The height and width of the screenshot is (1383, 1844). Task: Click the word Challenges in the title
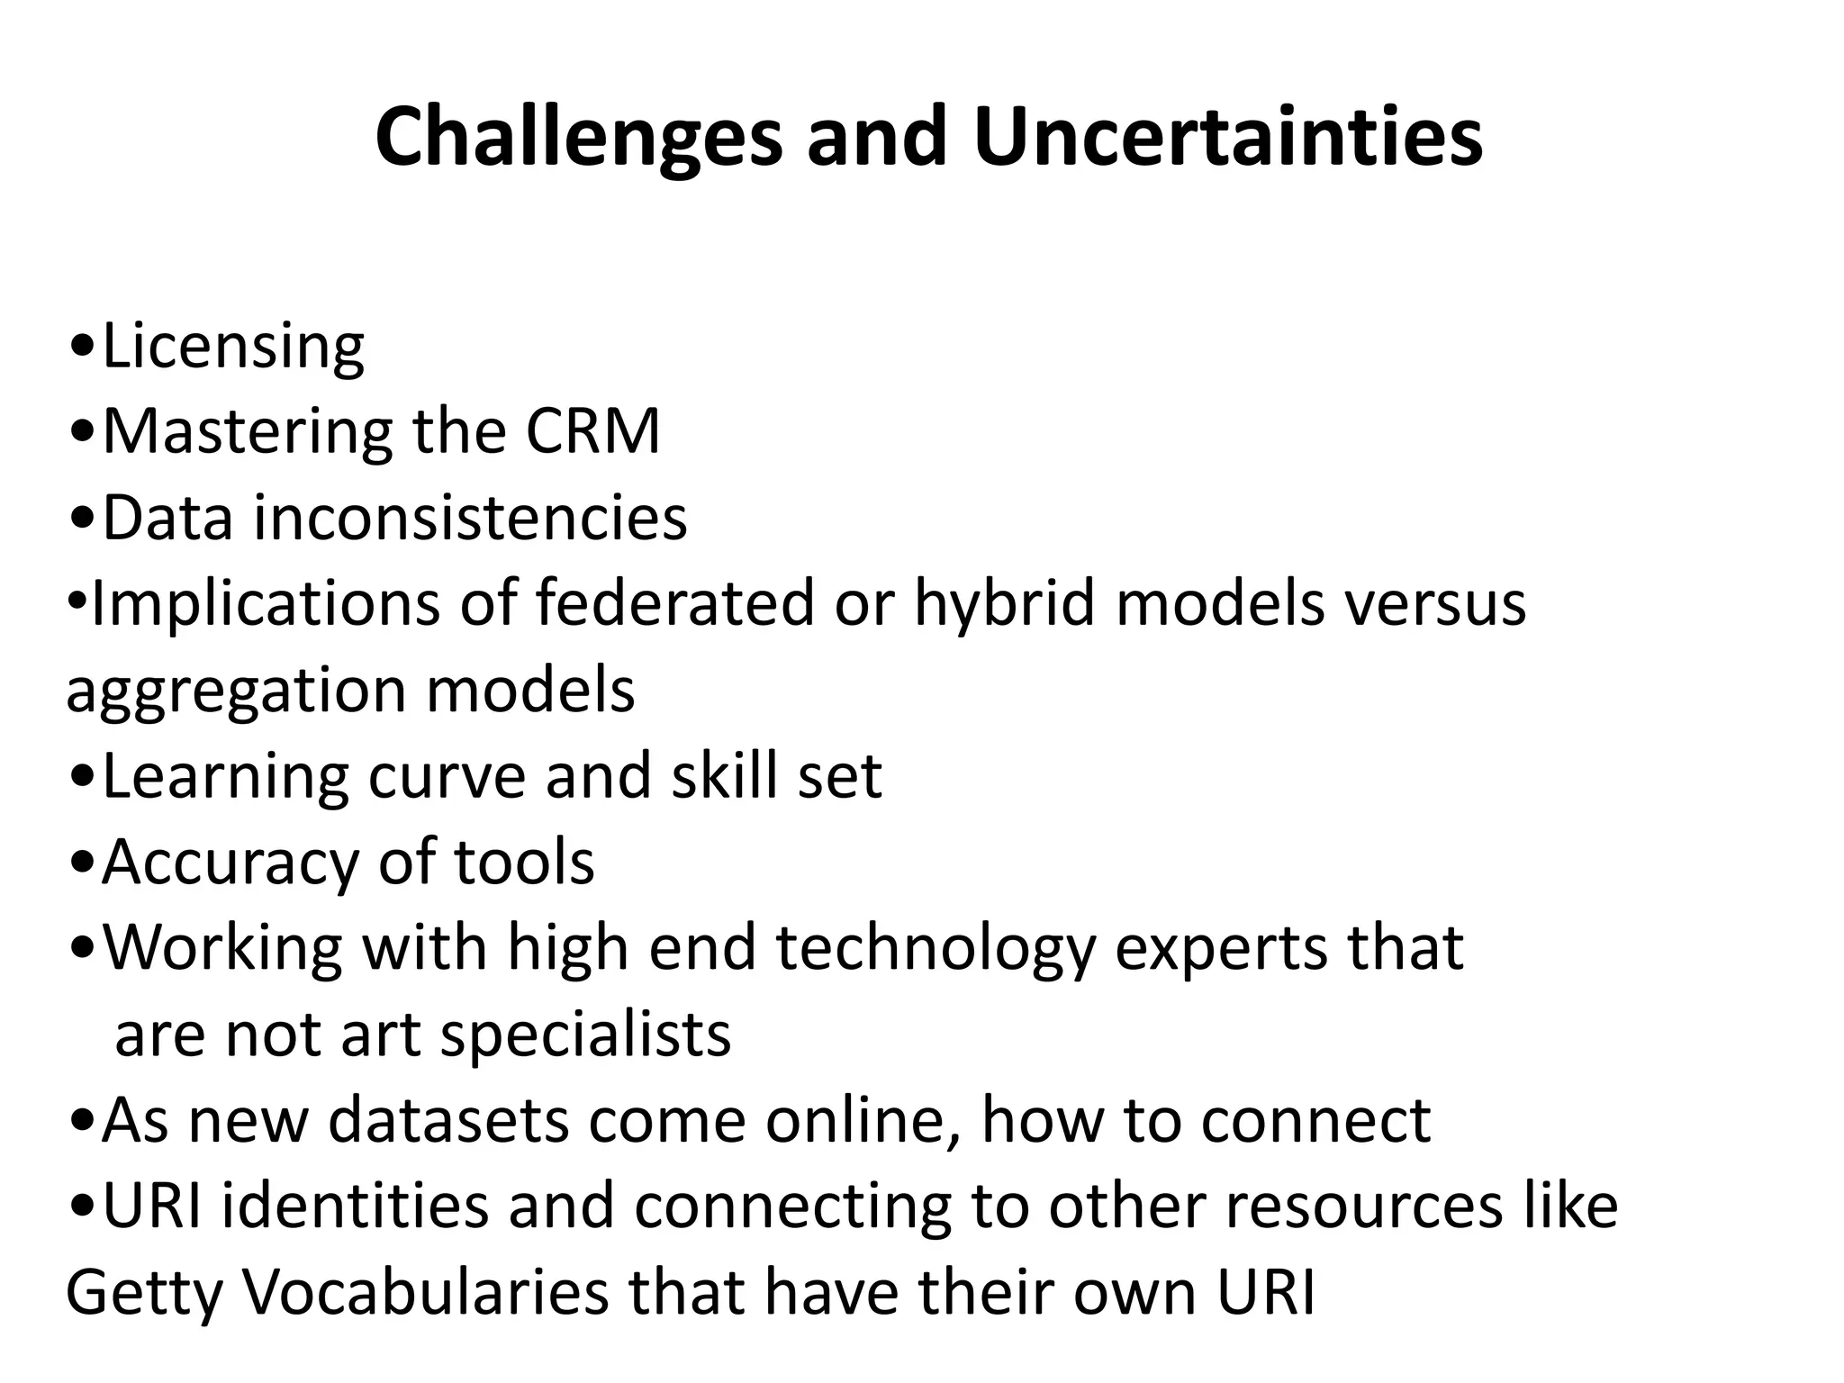(x=578, y=137)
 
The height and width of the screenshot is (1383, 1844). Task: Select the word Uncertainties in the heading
(x=1227, y=137)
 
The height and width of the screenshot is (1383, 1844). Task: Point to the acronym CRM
(x=593, y=431)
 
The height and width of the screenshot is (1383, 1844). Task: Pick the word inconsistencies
(x=470, y=518)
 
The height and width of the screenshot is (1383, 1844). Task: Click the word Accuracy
(x=230, y=863)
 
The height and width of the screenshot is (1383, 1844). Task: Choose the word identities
(x=355, y=1207)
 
